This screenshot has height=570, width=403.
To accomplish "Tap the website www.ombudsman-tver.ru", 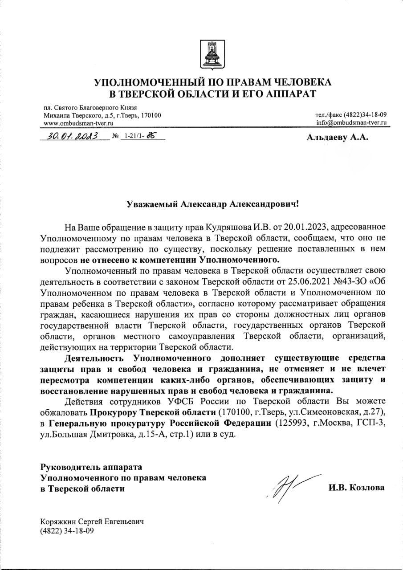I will click(79, 123).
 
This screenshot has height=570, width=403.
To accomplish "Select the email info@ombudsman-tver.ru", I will click(351, 122).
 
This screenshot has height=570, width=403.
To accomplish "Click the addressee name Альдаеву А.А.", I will click(338, 138).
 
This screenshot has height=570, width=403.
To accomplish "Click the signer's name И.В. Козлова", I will click(356, 488).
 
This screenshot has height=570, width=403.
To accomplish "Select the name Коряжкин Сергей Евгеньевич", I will click(92, 522).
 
